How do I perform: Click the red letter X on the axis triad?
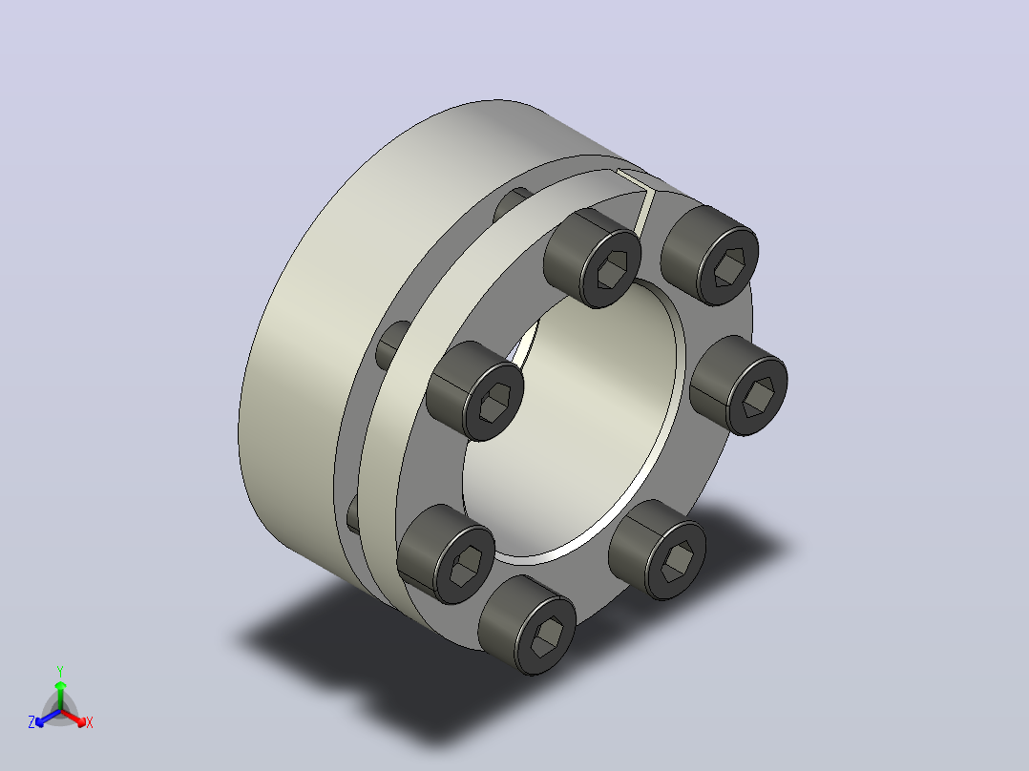90,722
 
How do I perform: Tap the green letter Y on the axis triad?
60,671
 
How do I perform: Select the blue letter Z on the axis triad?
31,721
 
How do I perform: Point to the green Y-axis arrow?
60,696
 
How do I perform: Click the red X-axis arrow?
73,718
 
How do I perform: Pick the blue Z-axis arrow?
48,718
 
